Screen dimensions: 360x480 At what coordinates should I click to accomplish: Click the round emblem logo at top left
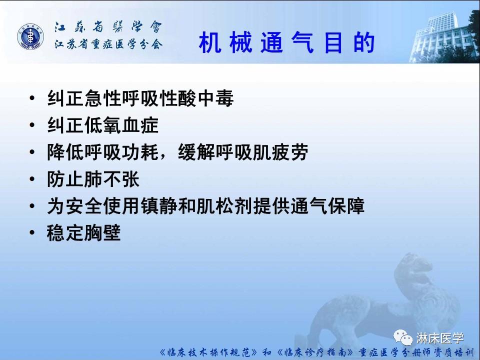[x=31, y=37]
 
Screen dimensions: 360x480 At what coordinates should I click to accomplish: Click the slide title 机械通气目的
[x=286, y=43]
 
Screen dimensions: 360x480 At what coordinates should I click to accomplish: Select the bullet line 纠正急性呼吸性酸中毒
[x=140, y=98]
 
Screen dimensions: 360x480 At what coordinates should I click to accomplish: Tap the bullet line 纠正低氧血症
[x=102, y=125]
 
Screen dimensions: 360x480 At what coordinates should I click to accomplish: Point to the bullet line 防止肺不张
[x=93, y=179]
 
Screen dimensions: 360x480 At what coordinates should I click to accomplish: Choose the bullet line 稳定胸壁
[x=84, y=233]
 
